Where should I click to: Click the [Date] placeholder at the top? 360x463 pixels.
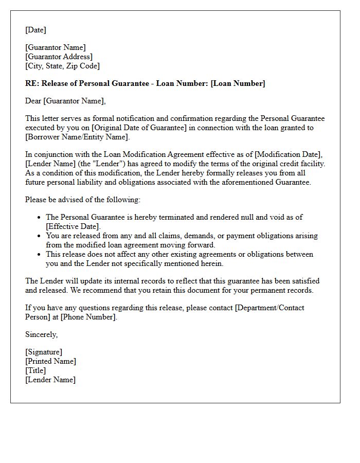click(35, 30)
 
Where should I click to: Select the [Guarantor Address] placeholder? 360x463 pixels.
click(59, 57)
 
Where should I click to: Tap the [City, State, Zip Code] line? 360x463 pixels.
click(62, 66)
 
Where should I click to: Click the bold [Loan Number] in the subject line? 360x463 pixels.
click(238, 83)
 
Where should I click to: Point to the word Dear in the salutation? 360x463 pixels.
click(33, 101)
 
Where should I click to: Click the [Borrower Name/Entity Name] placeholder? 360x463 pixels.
click(77, 137)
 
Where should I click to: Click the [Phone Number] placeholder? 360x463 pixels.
click(88, 317)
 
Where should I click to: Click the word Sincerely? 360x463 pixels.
click(42, 334)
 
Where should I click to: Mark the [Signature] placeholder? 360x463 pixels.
click(44, 352)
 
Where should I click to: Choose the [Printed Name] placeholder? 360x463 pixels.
click(50, 361)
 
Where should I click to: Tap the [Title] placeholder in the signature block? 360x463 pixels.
click(35, 370)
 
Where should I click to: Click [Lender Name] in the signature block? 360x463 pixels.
click(50, 380)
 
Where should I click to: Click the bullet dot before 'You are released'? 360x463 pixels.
click(39, 236)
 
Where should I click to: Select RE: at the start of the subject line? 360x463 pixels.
click(32, 83)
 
